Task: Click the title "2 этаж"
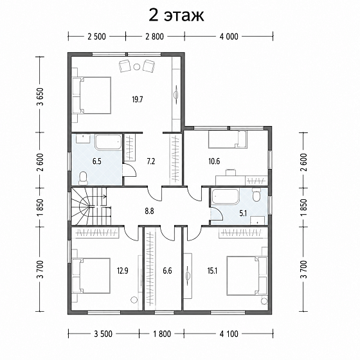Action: [176, 15]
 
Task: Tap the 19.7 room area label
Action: [138, 100]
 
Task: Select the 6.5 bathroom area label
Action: [97, 161]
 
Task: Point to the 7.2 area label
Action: [151, 161]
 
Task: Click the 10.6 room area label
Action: [214, 161]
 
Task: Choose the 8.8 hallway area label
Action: [149, 211]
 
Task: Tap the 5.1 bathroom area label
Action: [243, 213]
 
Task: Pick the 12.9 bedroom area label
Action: [123, 271]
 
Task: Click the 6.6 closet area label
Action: [167, 271]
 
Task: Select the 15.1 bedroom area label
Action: [212, 271]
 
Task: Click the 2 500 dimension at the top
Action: [96, 37]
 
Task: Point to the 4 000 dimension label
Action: [229, 37]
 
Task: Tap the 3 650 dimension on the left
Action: [41, 96]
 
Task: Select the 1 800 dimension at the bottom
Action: [162, 334]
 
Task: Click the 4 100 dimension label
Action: [229, 334]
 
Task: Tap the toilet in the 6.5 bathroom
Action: [83, 179]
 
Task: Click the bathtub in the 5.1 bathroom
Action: [225, 196]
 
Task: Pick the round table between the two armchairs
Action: [136, 67]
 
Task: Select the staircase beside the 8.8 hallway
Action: [91, 206]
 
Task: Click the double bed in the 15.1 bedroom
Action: [248, 275]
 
